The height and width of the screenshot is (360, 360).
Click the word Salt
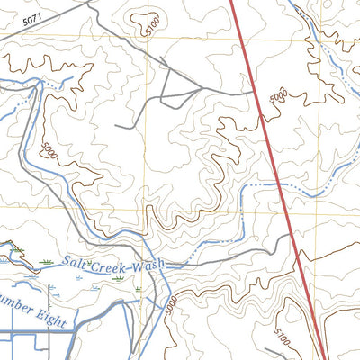coord(78,264)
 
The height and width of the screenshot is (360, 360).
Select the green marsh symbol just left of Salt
coord(46,262)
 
